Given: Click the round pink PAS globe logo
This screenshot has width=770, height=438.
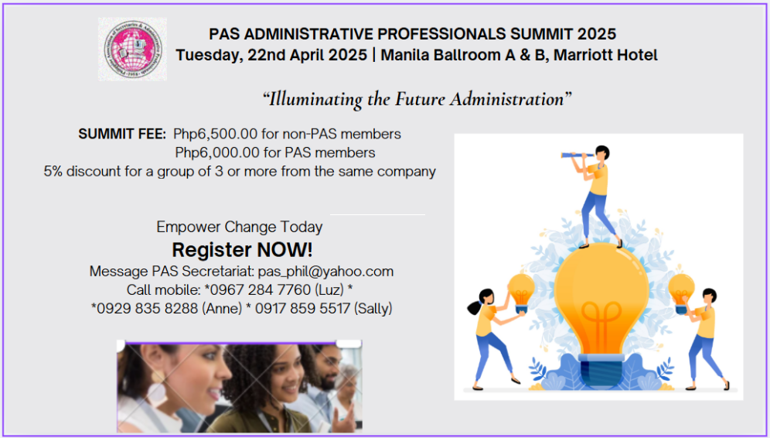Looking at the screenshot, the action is pos(133,50).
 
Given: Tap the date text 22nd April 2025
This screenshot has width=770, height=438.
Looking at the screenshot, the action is pos(307,55).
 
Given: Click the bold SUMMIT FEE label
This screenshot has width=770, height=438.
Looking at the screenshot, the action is pos(122,134).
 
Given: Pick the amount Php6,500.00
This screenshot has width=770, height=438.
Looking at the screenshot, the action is pos(215,134).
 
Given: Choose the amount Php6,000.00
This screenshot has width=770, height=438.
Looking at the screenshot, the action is pos(217,153).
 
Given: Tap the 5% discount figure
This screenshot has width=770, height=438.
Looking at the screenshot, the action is pos(53,171).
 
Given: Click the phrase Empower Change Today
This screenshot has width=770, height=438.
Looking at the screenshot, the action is pos(240,227).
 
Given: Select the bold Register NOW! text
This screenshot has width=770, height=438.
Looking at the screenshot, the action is pos(242,250).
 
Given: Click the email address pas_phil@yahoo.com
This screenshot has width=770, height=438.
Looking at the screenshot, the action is pos(325,272).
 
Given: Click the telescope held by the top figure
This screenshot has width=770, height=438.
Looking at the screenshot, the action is pos(578,156).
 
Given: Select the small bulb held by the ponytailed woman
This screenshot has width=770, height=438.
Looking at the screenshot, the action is pos(521,293).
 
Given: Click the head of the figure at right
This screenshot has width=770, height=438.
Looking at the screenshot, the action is pos(709,296).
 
